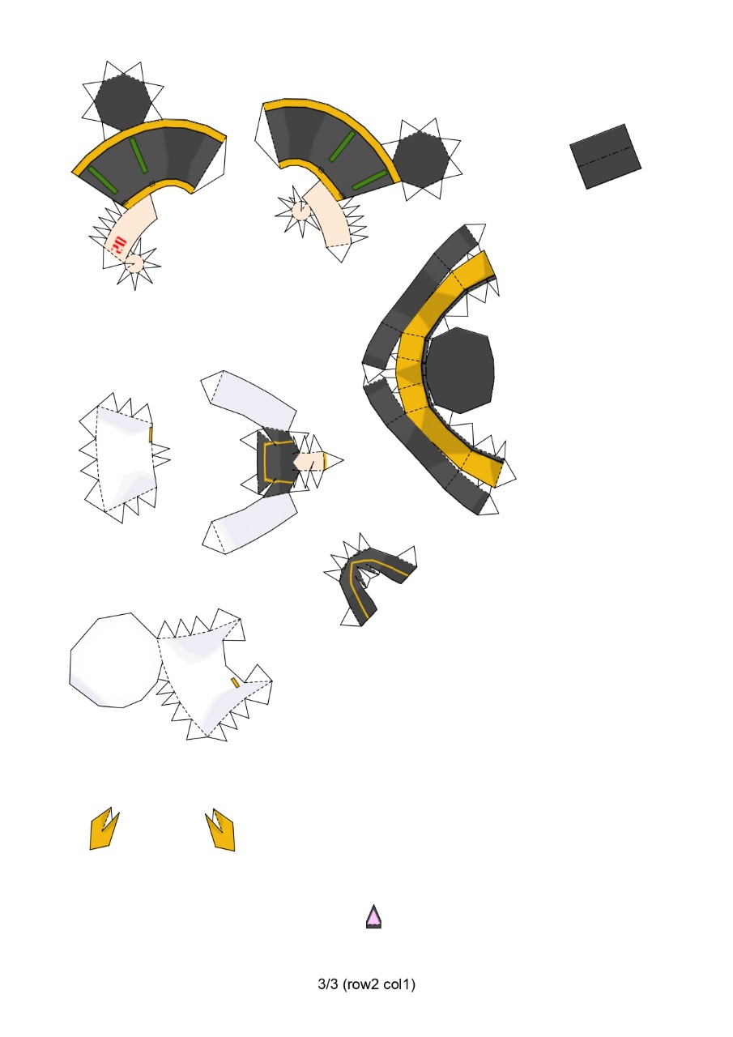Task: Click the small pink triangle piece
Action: pos(373,917)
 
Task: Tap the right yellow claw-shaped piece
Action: pos(222,831)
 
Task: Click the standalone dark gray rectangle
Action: pos(605,156)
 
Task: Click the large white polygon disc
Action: pos(114,660)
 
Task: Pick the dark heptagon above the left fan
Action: pos(121,103)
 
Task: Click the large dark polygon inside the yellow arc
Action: pos(460,369)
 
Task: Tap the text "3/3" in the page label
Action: pos(328,985)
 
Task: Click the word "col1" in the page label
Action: pos(400,985)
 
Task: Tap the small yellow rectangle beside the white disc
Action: pos(235,683)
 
